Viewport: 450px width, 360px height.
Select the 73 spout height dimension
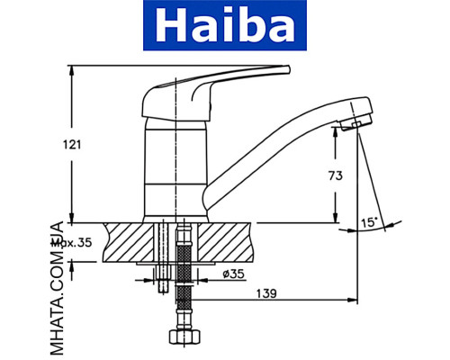click(x=333, y=176)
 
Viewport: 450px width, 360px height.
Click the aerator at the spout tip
click(x=357, y=124)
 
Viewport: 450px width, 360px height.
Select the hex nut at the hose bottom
click(x=182, y=340)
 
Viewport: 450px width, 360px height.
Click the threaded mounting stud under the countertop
click(x=162, y=261)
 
